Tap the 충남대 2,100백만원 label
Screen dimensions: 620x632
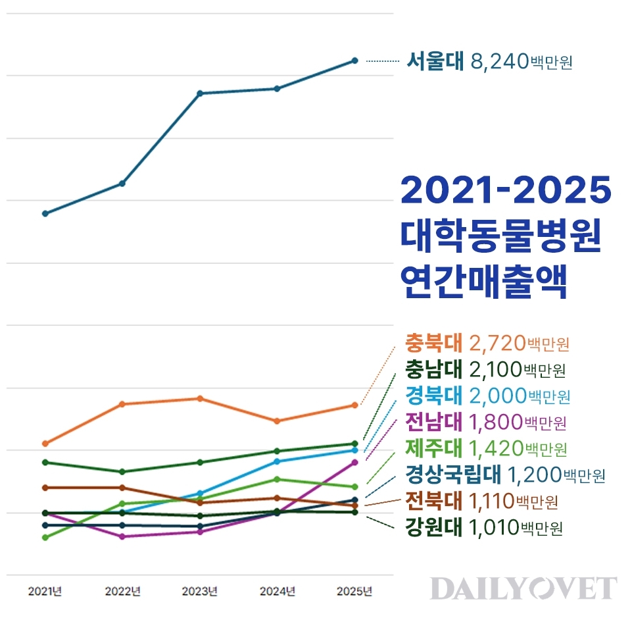[485, 369]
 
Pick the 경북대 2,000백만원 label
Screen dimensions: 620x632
[487, 396]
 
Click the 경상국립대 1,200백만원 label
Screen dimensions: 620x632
[505, 474]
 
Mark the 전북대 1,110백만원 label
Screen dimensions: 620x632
[481, 502]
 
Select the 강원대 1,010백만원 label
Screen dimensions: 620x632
[483, 528]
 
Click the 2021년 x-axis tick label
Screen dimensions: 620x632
[45, 591]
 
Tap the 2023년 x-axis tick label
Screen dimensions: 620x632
[200, 591]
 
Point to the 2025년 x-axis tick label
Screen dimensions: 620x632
[354, 591]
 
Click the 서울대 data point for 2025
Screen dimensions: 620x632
[354, 61]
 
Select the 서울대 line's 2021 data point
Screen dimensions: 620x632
[45, 213]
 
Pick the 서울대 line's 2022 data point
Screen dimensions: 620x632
[122, 183]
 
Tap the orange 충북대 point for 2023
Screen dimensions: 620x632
[200, 398]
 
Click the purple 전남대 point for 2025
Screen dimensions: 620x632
[354, 462]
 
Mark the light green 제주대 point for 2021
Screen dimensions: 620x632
[45, 538]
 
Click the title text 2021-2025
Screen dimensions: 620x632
[506, 191]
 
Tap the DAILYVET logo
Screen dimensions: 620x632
[523, 588]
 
